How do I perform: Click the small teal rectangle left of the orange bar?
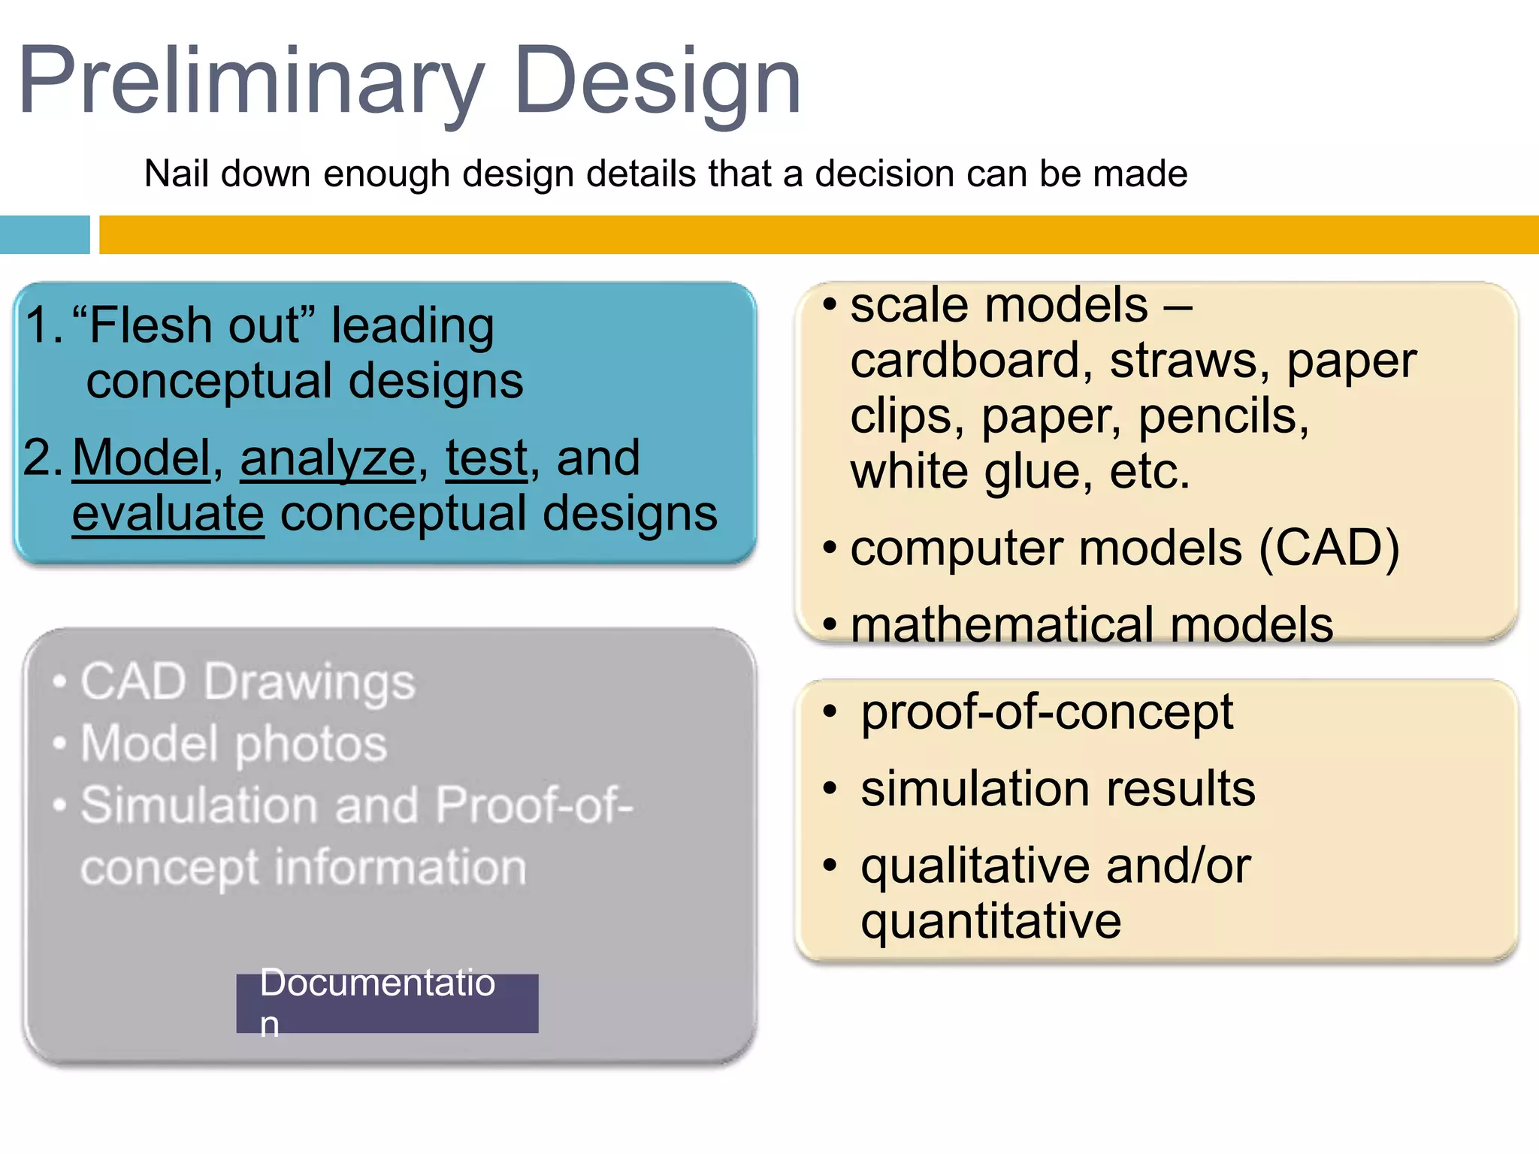coord(44,234)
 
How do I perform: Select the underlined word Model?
coord(141,458)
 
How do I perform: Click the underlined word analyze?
coord(328,458)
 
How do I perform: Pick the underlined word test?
coord(487,458)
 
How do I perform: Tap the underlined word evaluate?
coord(168,514)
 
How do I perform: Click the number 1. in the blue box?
coord(44,325)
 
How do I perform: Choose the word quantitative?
coord(990,921)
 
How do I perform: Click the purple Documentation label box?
coord(387,1003)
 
